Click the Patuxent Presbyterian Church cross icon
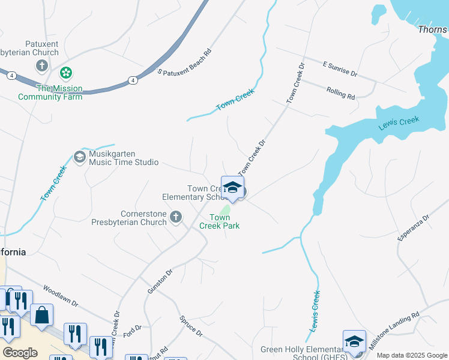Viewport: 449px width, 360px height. [42, 65]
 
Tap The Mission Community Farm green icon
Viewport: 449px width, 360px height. [66, 74]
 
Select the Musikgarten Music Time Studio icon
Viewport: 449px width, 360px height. [79, 157]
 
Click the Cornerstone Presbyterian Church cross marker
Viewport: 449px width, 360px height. [175, 217]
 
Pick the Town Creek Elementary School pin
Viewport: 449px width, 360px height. [232, 188]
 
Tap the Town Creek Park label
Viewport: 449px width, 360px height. [224, 221]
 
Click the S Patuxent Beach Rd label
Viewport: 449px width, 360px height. [185, 62]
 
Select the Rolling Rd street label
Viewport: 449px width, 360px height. [341, 92]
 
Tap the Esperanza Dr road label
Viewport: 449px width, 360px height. [414, 229]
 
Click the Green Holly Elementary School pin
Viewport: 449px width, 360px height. [354, 342]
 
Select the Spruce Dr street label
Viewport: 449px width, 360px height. [191, 328]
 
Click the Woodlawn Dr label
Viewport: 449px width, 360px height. [61, 295]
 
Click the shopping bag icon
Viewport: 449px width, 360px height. [42, 316]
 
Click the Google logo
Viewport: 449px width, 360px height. [20, 353]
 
